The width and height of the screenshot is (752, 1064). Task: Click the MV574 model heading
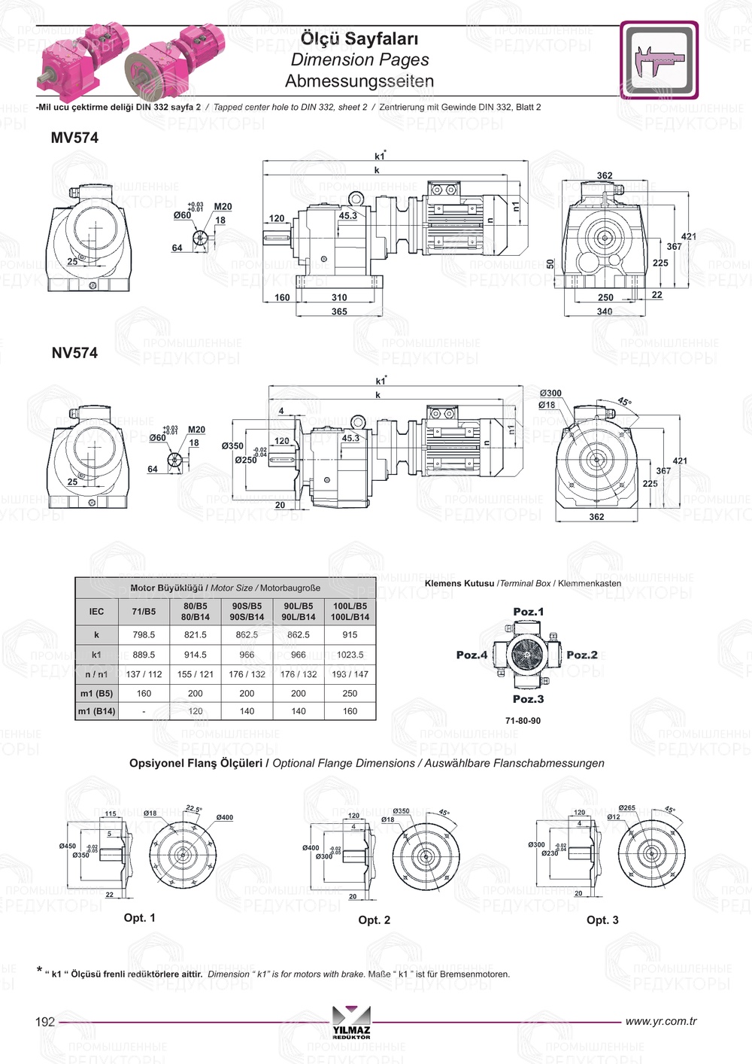pos(74,138)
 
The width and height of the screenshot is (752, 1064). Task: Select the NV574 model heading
pos(74,353)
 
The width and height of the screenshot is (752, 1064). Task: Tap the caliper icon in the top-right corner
pos(659,60)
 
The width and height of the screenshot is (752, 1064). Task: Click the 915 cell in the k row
pos(350,635)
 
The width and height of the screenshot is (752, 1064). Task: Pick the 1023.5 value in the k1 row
pos(350,655)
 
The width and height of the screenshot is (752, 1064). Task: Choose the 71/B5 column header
pos(144,612)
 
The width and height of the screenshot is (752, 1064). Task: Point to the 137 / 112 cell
pos(144,674)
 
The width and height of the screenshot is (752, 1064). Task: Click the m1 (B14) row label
pos(97,711)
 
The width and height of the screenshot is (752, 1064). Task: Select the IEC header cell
pos(97,612)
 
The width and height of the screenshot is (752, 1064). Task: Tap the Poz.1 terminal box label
pos(528,612)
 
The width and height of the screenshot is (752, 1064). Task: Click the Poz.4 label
pos(472,655)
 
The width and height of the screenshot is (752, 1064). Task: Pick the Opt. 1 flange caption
pos(140,918)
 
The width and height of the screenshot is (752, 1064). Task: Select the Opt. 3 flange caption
pos(602,920)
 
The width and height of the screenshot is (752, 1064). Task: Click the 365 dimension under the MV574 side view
pos(339,312)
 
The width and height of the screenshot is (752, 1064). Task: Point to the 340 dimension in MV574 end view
pos(605,312)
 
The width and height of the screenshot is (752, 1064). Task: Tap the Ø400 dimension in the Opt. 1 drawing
pos(224,817)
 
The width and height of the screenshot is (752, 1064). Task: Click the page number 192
pos(45,1022)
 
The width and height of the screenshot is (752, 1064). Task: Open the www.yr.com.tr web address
pos(661,1021)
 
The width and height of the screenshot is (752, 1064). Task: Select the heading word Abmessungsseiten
pos(359,81)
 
